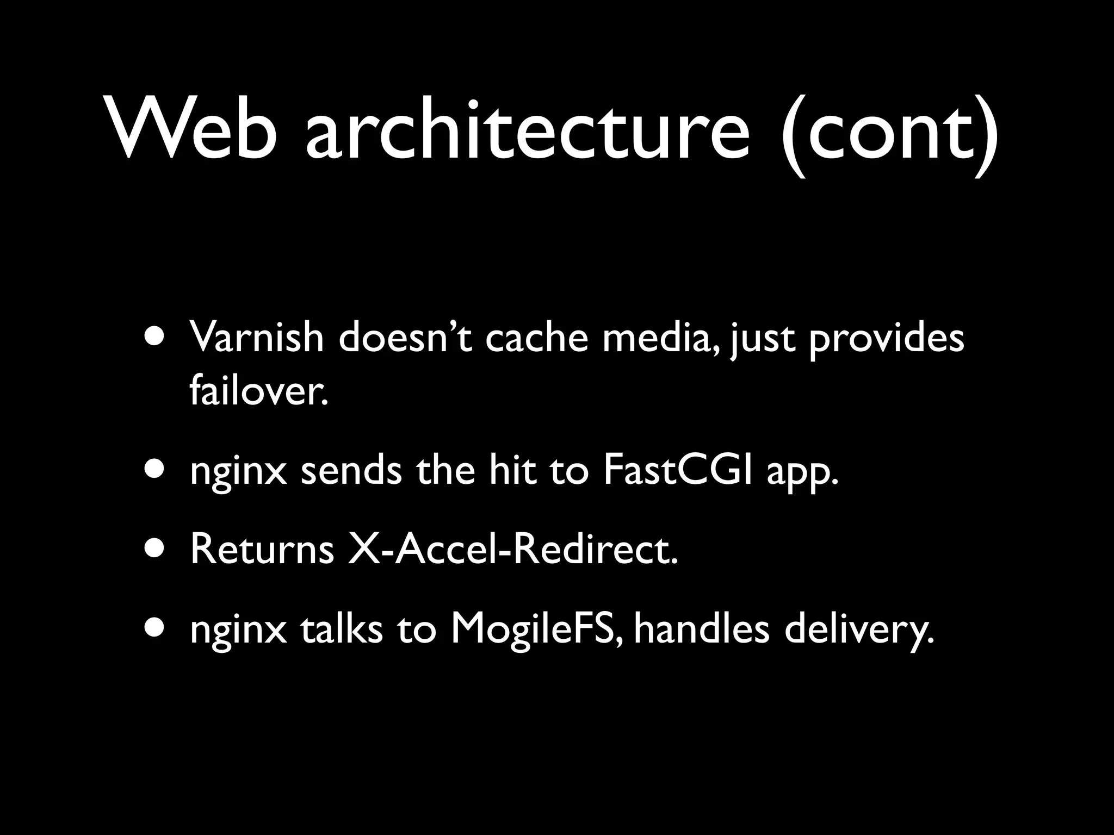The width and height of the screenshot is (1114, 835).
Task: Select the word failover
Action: [259, 391]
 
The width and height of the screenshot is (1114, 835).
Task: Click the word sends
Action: [351, 471]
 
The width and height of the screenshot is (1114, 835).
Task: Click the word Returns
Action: [262, 550]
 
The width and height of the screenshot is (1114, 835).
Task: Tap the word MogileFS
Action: [536, 631]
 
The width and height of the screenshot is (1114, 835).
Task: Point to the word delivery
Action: [859, 631]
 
